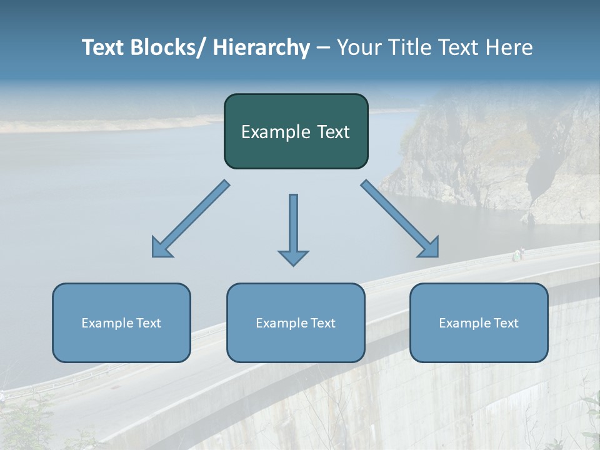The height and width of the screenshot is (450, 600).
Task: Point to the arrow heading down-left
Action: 191,219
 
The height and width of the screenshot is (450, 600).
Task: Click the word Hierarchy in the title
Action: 261,47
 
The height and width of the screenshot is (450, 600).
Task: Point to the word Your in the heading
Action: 357,47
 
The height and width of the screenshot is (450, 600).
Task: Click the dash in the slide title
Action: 323,48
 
